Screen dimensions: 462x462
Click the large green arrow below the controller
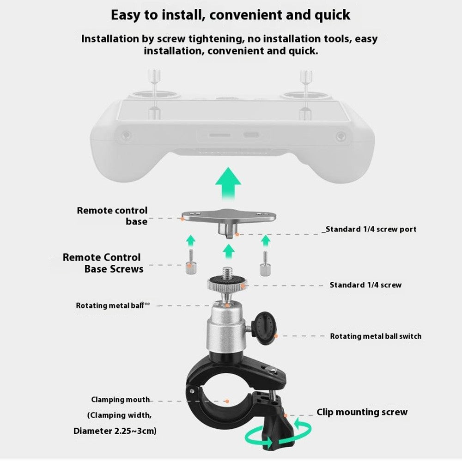[x=228, y=184]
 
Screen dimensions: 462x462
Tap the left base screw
[x=191, y=262]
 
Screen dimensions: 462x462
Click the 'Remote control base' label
[x=112, y=216]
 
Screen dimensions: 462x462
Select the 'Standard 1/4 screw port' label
[x=369, y=229]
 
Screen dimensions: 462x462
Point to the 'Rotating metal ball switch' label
[x=376, y=336]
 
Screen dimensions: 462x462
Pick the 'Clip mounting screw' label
[x=362, y=412]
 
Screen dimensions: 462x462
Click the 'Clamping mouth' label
[x=121, y=400]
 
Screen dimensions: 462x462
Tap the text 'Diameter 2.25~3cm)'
[x=115, y=431]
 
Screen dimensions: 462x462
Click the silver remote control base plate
[x=229, y=220]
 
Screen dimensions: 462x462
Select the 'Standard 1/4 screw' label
[x=365, y=285]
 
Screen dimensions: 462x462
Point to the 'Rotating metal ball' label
[x=109, y=305]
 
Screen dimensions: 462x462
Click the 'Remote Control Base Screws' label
[x=103, y=263]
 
